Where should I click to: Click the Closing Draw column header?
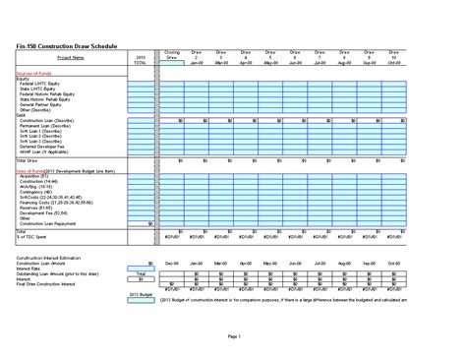(172, 55)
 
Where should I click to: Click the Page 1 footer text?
(233, 337)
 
